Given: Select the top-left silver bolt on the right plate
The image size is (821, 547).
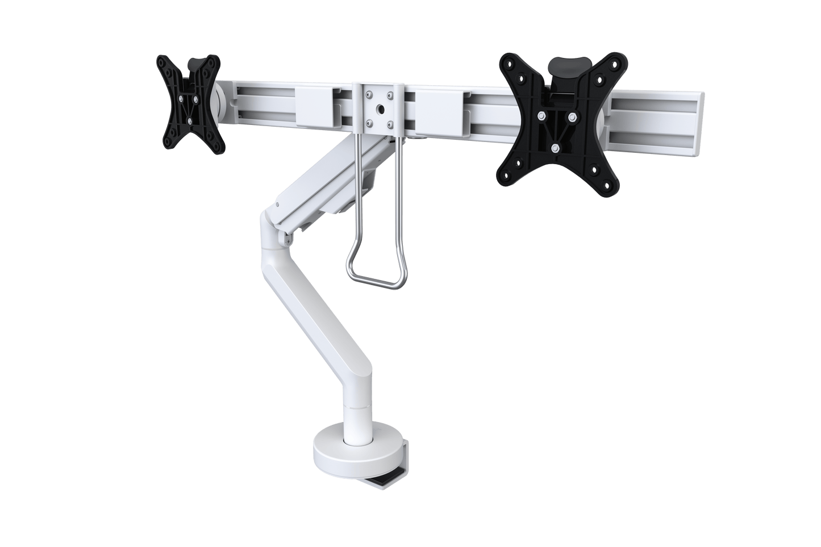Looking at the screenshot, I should [x=540, y=117].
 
